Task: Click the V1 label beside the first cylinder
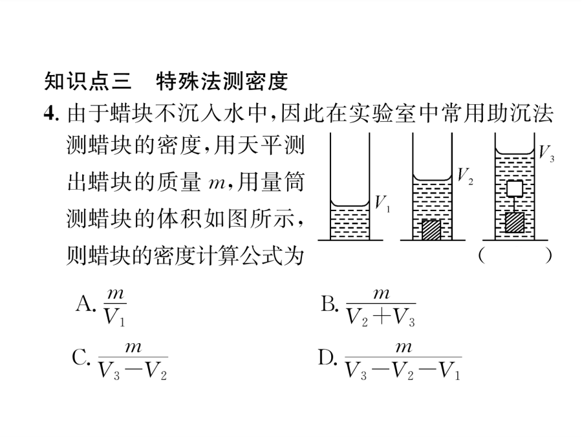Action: [x=382, y=203]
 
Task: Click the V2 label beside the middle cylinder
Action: [x=465, y=175]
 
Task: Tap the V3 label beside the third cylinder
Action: [x=546, y=153]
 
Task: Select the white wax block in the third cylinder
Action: [x=515, y=188]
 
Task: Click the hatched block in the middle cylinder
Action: [x=432, y=229]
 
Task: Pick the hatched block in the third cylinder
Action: [x=515, y=223]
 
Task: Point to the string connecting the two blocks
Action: [x=515, y=205]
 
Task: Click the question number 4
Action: [x=51, y=113]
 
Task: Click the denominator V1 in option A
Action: [x=114, y=318]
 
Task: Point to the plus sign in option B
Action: [x=382, y=318]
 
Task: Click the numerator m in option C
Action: [x=133, y=347]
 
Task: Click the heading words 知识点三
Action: [x=87, y=82]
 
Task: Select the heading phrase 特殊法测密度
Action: [x=222, y=82]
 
